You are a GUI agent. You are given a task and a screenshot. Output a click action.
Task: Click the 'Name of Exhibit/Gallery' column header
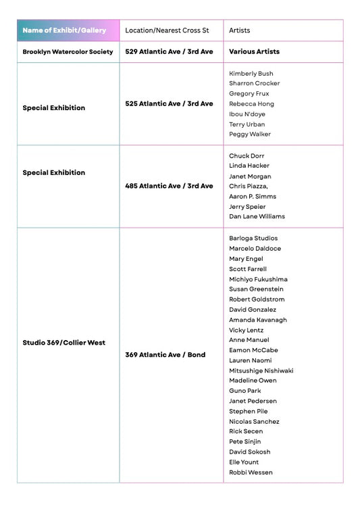tap(64, 30)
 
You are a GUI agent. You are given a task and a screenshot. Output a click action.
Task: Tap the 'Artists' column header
tap(240, 30)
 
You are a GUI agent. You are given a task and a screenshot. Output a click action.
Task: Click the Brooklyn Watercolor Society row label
tap(68, 51)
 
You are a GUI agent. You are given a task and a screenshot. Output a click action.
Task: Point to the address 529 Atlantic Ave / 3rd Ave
tap(169, 51)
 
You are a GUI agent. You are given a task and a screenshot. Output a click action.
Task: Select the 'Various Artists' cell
tap(254, 51)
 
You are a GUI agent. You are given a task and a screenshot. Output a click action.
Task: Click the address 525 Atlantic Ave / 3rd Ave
tap(169, 103)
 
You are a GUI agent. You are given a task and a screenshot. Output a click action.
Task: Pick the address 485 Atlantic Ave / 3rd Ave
tap(169, 186)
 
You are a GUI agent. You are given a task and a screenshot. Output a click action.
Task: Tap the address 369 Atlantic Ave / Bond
tap(165, 355)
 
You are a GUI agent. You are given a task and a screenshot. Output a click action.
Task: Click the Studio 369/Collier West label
tap(63, 343)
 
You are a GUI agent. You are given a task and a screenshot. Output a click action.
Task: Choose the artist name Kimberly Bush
tap(251, 73)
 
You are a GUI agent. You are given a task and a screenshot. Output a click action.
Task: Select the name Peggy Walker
tap(250, 134)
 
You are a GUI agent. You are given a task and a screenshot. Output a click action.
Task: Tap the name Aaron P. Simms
tap(253, 196)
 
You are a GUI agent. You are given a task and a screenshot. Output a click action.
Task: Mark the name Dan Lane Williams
tap(257, 216)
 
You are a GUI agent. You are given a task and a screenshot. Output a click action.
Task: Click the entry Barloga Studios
tap(253, 238)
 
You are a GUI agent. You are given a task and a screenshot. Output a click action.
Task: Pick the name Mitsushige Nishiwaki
tap(261, 370)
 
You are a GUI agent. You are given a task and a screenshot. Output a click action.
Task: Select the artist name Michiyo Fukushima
tap(258, 279)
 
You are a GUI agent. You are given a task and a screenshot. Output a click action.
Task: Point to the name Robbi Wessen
tap(251, 472)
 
